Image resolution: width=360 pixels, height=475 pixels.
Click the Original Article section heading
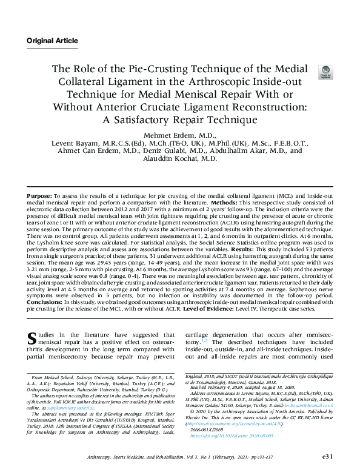tap(52, 41)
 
